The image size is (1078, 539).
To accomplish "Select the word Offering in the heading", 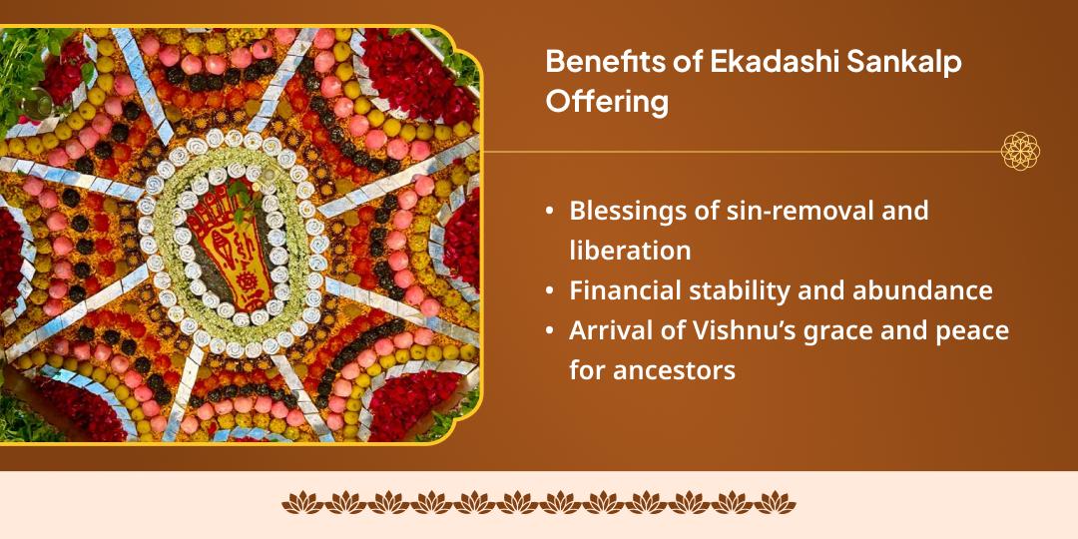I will (606, 102).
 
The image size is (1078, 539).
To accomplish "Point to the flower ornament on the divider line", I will (1020, 152).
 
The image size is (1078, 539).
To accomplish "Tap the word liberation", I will (630, 250).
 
